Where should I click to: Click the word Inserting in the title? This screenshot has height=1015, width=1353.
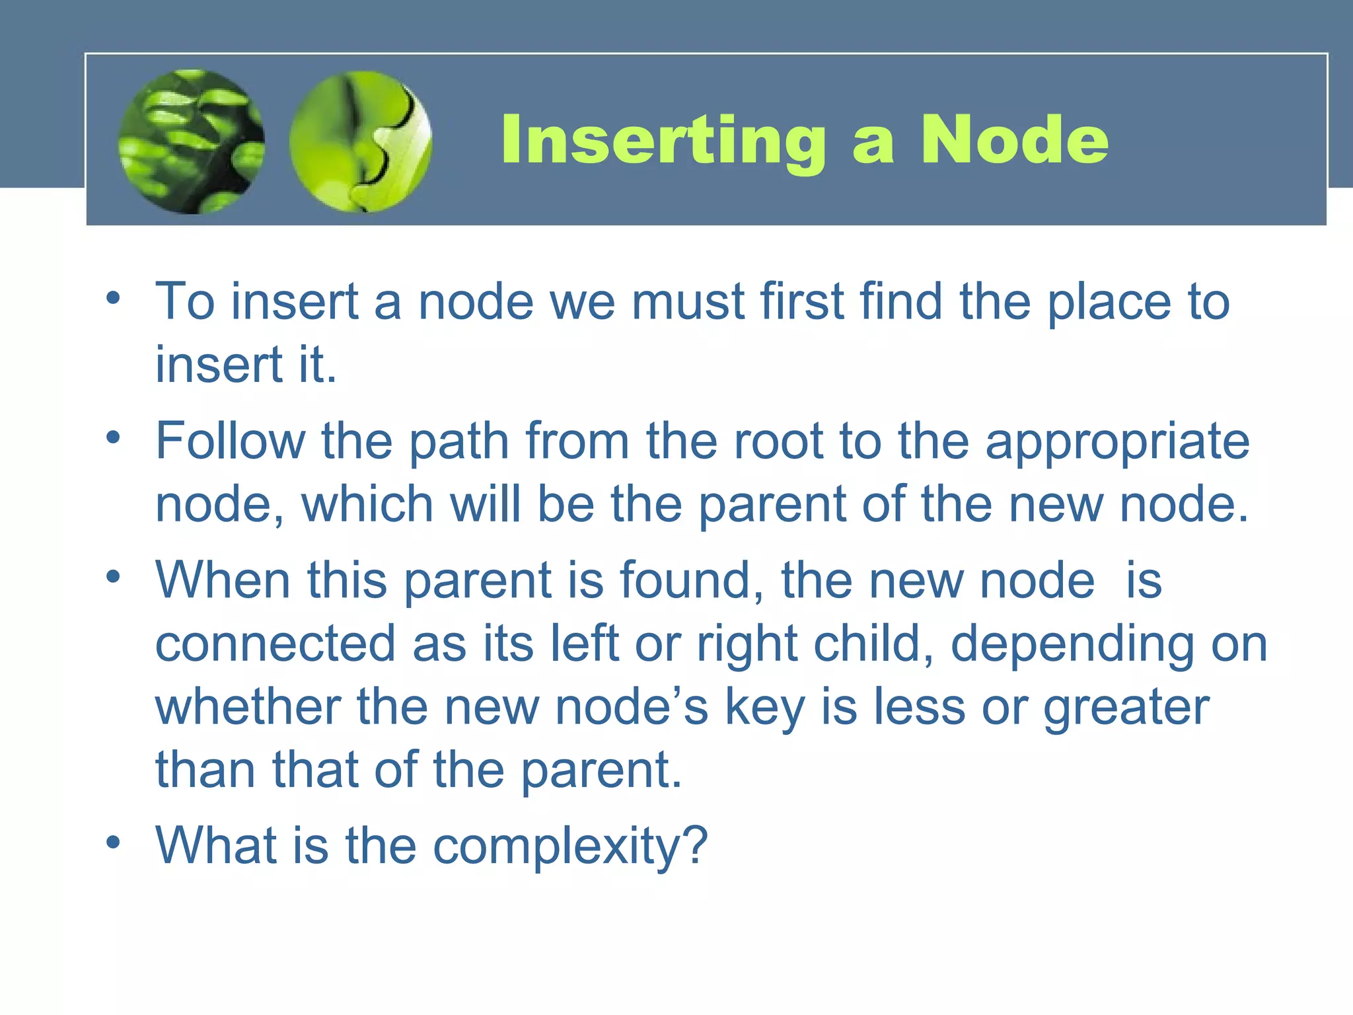pyautogui.click(x=663, y=140)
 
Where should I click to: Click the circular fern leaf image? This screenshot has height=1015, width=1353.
pyautogui.click(x=192, y=141)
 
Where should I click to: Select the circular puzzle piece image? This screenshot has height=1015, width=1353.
pyautogui.click(x=361, y=141)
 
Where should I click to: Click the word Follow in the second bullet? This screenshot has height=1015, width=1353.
pyautogui.click(x=230, y=441)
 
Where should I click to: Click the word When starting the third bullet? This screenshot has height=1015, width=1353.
pyautogui.click(x=223, y=580)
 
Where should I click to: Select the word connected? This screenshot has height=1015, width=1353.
pyautogui.click(x=275, y=644)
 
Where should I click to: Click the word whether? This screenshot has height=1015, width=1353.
pyautogui.click(x=248, y=706)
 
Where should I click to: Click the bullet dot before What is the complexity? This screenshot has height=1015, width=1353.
pyautogui.click(x=114, y=842)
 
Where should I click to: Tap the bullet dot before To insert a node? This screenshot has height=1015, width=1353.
pyautogui.click(x=114, y=298)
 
